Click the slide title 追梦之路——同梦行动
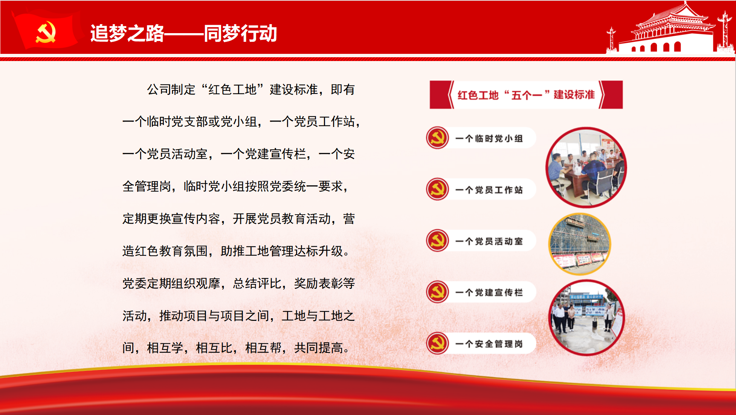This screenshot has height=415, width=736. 184,33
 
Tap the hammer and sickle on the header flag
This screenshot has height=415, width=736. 46,32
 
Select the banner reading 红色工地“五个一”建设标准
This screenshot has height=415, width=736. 526,95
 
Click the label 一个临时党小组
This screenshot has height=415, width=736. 489,139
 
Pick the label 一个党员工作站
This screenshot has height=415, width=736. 489,190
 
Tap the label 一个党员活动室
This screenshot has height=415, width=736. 489,241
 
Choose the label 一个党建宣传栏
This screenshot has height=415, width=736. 489,293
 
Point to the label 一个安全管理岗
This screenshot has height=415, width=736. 489,344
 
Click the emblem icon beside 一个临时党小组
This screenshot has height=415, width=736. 437,138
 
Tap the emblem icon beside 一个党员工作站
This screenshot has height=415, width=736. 437,189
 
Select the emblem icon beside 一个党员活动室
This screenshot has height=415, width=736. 437,240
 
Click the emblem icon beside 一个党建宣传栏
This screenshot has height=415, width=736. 437,292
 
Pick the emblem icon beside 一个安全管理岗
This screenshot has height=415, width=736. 437,343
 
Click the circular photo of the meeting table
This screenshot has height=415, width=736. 586,168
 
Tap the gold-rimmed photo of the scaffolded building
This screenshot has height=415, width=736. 580,244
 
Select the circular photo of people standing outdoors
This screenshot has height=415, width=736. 586,318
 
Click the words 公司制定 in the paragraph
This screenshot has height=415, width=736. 171,90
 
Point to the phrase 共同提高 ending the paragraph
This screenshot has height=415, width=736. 318,348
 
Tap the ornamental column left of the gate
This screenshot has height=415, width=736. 611,39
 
